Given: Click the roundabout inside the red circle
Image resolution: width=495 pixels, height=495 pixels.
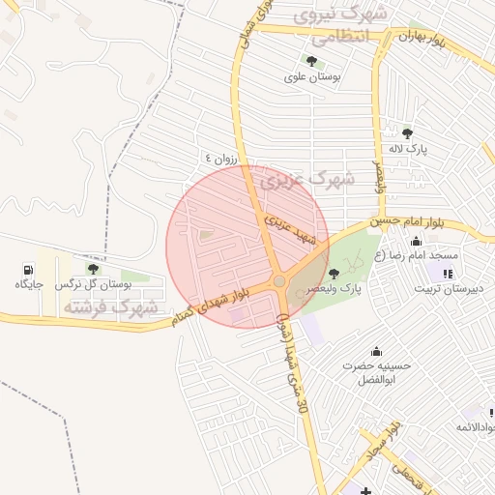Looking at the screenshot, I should pos(278,281).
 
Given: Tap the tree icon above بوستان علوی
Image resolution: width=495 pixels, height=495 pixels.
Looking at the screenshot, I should pos(311,61).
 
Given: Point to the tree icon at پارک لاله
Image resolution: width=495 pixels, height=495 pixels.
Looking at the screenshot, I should pos(407,133).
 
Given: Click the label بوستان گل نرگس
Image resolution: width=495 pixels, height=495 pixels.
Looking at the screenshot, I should pos(92,285).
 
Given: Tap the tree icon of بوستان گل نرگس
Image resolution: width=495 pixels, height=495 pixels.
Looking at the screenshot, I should pos(93,269).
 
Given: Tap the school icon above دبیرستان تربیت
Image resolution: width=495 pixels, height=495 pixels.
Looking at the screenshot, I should pos(447,274).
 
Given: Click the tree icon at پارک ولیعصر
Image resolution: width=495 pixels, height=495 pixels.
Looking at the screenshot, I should pos(335,274).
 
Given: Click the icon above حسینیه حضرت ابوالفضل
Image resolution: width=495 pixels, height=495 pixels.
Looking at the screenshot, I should pos(376,351).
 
